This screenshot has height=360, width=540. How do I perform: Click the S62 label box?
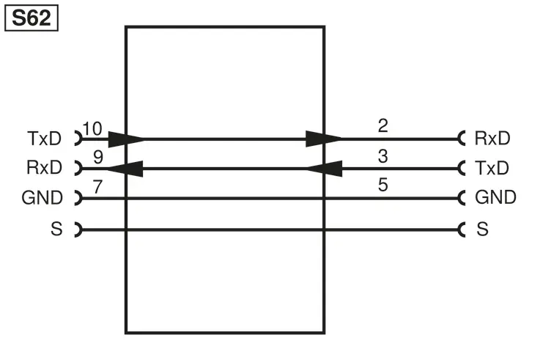point(32,18)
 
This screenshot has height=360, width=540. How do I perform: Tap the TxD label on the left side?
point(45,139)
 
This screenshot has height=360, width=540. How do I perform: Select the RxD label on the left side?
point(45,167)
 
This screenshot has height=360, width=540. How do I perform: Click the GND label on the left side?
point(42,198)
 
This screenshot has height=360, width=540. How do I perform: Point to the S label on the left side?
point(57,229)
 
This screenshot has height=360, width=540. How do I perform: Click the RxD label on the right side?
point(492,138)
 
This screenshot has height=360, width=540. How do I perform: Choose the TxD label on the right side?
point(492,168)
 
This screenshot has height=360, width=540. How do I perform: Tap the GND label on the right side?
point(495,197)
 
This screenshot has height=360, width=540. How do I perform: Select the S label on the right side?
point(483,229)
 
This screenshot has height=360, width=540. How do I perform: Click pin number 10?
point(92,129)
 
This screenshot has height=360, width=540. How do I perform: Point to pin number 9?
point(98,157)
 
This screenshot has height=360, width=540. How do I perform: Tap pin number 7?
point(97,187)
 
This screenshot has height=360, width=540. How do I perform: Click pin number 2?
point(383,125)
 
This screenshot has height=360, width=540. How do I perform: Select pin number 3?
point(383,156)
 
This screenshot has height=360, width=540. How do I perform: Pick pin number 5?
point(383,185)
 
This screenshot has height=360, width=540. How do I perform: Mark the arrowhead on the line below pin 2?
point(323,139)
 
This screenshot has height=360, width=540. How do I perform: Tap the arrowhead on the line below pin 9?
point(125,169)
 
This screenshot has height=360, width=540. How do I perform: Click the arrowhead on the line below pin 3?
point(324,169)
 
